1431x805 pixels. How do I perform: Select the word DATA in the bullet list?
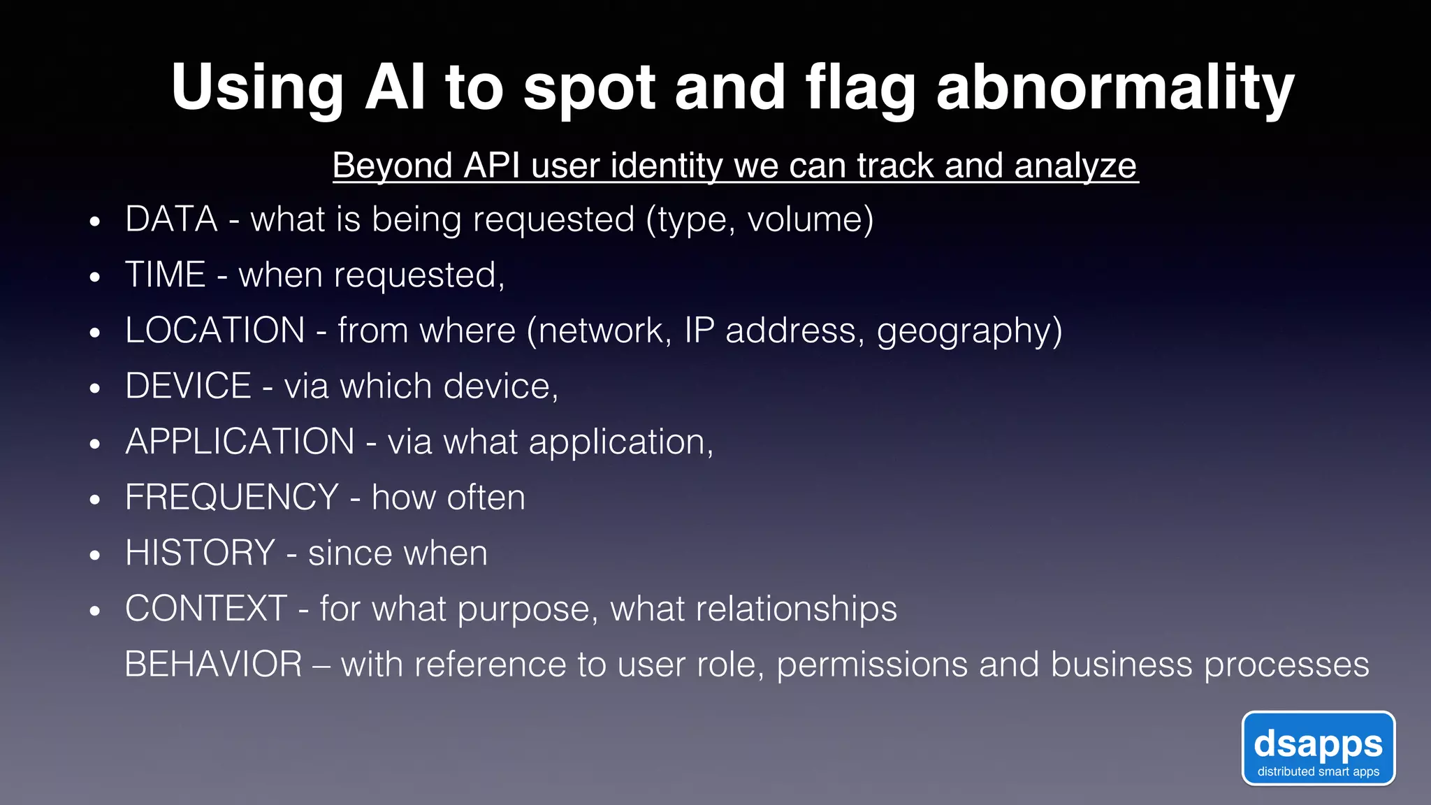(171, 219)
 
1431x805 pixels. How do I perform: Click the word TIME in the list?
(165, 275)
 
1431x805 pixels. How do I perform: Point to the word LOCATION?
(215, 331)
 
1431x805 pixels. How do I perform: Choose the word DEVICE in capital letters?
(188, 386)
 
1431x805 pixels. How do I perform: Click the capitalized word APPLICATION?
(240, 442)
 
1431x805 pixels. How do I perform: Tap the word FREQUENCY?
(232, 498)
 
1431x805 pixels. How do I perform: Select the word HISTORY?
(200, 553)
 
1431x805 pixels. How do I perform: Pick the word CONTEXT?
(206, 609)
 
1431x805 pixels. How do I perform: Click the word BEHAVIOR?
(213, 665)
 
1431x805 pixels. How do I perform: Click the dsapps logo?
(1318, 748)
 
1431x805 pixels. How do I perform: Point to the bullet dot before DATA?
(95, 222)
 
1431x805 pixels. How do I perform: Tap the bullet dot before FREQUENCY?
(95, 500)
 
